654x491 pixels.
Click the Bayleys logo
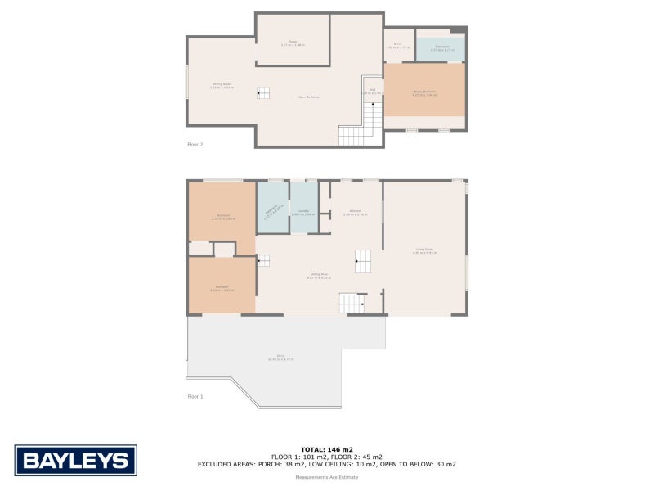pos(75,460)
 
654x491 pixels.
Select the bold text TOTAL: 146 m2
pos(327,449)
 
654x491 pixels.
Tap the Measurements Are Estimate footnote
pos(327,476)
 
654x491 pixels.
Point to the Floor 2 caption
pos(195,144)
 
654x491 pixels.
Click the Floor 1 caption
pos(195,396)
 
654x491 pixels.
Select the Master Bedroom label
pos(424,92)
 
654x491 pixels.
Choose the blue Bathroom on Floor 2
pos(441,48)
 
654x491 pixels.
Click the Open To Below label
pos(308,97)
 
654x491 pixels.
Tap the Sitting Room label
pos(222,85)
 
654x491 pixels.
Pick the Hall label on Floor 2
pos(372,91)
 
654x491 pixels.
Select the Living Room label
pos(424,251)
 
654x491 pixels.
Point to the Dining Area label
pos(319,276)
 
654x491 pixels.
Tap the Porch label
pos(280,358)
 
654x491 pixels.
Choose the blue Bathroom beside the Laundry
pos(272,208)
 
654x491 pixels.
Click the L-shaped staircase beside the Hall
pos(364,128)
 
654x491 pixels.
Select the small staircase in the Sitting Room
pos(263,93)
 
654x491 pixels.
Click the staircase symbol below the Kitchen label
pos(362,261)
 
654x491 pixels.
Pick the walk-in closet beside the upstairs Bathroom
pos(398,46)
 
